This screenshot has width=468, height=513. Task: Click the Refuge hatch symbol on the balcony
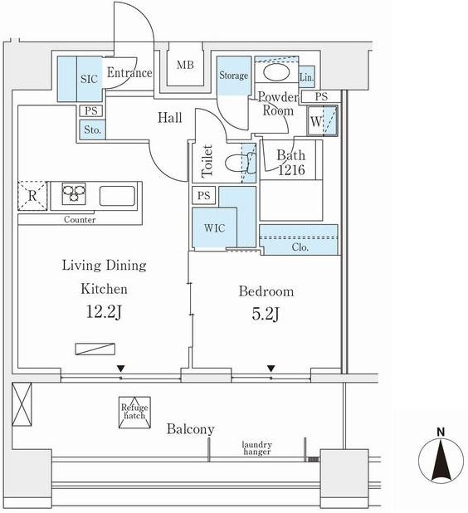coord(134,413)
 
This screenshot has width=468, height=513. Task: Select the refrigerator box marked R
coord(32,195)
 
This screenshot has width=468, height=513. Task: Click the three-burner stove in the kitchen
coord(74,193)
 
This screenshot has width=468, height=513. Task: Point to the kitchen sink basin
coord(117,196)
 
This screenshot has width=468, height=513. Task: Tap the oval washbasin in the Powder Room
coord(276,72)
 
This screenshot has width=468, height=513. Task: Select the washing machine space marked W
coord(322,120)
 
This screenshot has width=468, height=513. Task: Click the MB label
coord(185,65)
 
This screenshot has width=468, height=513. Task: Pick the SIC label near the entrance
coord(89,79)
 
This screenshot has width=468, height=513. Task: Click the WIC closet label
coord(215,227)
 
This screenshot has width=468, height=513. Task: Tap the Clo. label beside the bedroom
coord(300,247)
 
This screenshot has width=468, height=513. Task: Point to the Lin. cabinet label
coord(306,77)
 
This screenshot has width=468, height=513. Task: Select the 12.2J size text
coord(104,311)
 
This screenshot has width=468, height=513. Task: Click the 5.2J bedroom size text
coord(266,314)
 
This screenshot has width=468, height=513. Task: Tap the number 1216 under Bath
coord(291,169)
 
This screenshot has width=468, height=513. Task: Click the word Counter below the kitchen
coord(80,219)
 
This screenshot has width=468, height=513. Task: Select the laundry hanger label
coord(256,448)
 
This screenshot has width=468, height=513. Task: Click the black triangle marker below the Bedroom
coord(271,369)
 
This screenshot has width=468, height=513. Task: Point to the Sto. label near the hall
coord(93,129)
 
